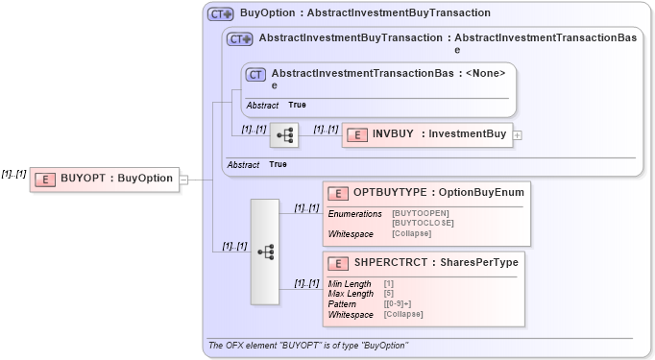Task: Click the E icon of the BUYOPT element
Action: (x=45, y=179)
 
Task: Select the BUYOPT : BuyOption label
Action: (x=116, y=179)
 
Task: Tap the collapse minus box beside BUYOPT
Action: (x=183, y=179)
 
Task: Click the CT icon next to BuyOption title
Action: (x=221, y=14)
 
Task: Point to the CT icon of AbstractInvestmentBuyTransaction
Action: (x=240, y=39)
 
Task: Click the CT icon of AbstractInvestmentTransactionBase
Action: (x=255, y=74)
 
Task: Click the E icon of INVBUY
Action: (x=356, y=135)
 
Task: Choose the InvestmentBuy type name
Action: (x=468, y=134)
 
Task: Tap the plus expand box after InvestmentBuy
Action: (x=518, y=135)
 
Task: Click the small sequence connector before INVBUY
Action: (x=284, y=135)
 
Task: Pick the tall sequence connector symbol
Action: (x=266, y=252)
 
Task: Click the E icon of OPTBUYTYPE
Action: (x=338, y=194)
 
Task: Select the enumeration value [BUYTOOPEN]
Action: (x=421, y=213)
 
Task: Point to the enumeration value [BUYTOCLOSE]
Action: (x=424, y=223)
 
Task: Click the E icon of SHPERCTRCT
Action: (x=338, y=263)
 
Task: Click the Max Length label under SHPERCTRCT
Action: (x=351, y=294)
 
